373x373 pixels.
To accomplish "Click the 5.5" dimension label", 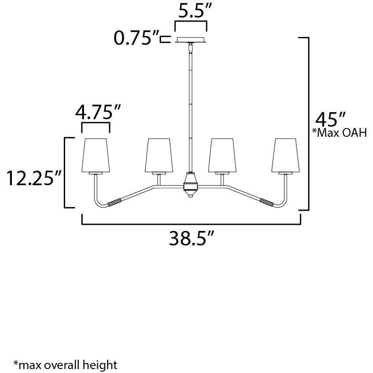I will (x=191, y=11).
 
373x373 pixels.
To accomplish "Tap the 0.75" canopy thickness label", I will (x=136, y=39).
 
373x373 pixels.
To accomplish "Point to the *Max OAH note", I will (x=339, y=133).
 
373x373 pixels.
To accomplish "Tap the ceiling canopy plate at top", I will (x=191, y=40).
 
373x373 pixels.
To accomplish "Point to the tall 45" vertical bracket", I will (x=308, y=123).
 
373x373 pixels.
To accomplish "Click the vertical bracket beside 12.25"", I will (x=66, y=172).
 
